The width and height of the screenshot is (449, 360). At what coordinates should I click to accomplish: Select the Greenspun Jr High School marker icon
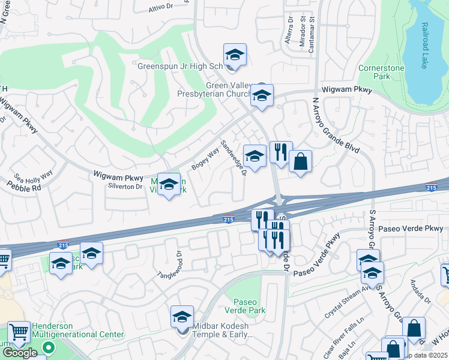click(235, 55)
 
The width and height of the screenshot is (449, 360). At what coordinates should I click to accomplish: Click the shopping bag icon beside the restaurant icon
click(300, 161)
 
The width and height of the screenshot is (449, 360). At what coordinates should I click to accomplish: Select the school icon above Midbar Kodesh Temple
click(182, 317)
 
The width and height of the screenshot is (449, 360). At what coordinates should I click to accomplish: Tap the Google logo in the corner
click(19, 353)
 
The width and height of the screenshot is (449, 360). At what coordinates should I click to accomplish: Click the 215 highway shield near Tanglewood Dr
click(63, 245)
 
